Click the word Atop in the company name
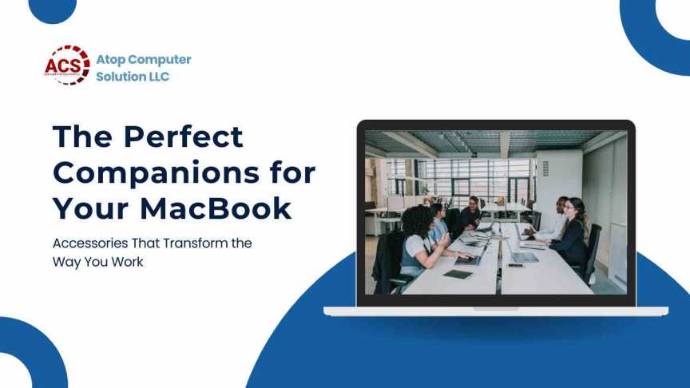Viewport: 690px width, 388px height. (112, 60)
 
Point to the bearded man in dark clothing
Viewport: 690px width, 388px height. (470, 212)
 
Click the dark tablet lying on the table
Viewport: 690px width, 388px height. (458, 274)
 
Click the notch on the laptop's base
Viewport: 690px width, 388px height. (495, 308)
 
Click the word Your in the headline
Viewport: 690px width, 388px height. (89, 208)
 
